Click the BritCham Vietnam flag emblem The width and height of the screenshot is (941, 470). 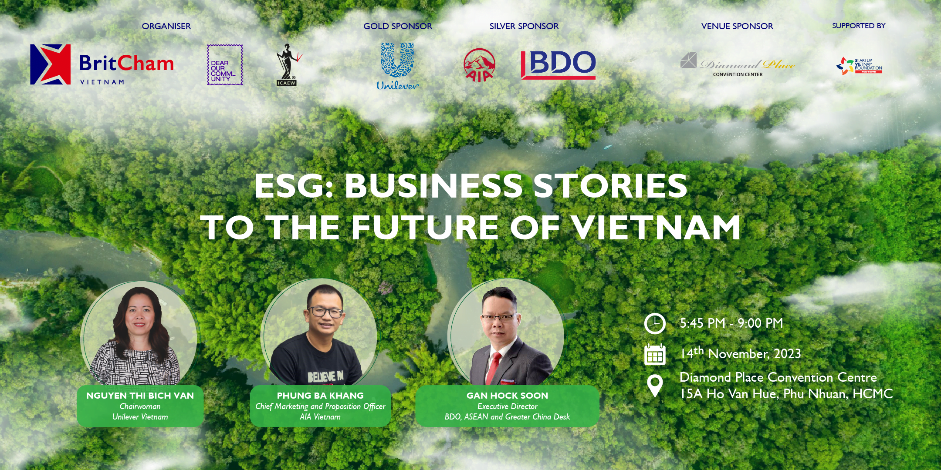(51, 64)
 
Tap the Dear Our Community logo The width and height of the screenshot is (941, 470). (225, 65)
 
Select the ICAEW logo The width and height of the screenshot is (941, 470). (287, 64)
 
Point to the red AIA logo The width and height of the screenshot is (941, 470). (479, 65)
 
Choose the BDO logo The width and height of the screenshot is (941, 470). (558, 65)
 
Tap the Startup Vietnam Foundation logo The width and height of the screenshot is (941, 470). (859, 66)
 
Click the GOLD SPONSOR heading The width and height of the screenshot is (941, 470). (398, 26)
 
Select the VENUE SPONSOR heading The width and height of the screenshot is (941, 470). (737, 26)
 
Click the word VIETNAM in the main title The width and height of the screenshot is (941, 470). (656, 228)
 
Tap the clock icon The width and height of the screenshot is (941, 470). (655, 323)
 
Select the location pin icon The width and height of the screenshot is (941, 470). (655, 386)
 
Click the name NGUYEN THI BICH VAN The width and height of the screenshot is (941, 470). (140, 396)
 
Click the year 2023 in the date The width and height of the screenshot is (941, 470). (787, 354)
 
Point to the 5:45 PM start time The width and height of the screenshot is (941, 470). (703, 323)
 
